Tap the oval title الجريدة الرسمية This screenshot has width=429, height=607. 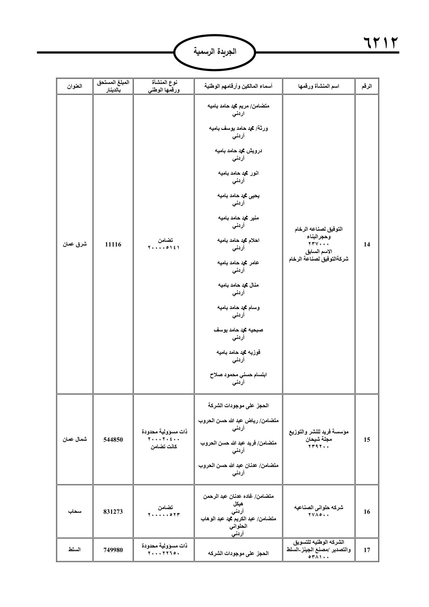pos(215,52)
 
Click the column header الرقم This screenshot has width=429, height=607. pos(367,86)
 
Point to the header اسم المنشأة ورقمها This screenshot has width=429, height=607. pos(319,86)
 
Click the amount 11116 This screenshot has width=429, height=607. pos(113,245)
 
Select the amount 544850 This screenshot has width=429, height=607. pos(113,440)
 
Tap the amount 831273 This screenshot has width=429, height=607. pos(113,512)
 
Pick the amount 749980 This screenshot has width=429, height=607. pos(113,550)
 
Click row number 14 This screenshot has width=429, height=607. pos(367,245)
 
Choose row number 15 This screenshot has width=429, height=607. pos(367,440)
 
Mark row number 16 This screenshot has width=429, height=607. pos(367,512)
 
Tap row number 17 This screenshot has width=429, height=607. pos(367,550)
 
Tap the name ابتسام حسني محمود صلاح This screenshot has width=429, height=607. pos(238,375)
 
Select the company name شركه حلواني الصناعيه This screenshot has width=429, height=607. pos(319,507)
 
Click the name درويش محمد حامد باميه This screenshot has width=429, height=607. pos(238,150)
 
